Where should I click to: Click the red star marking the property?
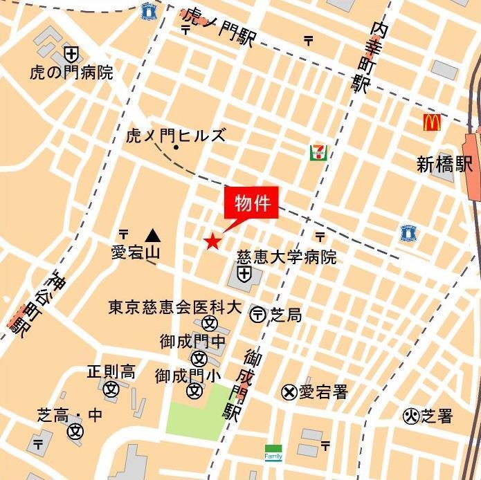point(212,241)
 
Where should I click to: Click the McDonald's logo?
point(433,123)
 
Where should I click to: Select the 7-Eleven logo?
point(318,153)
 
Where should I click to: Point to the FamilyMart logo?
point(273,453)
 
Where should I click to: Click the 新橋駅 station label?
point(444,164)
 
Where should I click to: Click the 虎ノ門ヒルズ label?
point(176,135)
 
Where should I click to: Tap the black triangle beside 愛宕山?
point(152,235)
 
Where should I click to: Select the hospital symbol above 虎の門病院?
point(71,53)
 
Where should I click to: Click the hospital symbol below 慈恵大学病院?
point(244,275)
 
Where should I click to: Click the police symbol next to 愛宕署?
point(289,392)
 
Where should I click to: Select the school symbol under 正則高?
point(111,389)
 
